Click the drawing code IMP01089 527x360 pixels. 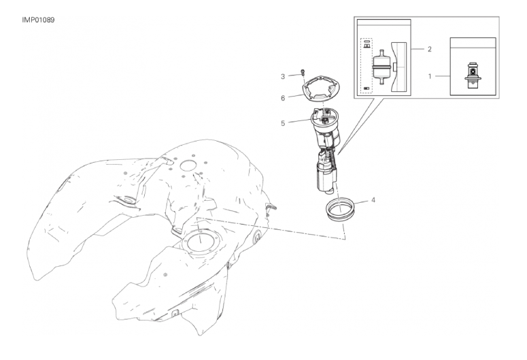(38, 20)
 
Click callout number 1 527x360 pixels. (430, 76)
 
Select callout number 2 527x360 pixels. (430, 49)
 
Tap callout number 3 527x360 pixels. (283, 77)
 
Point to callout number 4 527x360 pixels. (373, 200)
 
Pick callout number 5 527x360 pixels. (283, 123)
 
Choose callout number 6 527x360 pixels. (283, 98)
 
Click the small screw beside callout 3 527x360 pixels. (303, 72)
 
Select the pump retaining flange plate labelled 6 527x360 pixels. (321, 88)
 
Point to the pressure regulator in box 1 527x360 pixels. (472, 75)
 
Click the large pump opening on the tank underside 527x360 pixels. (200, 243)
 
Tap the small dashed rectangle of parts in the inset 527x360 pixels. (367, 65)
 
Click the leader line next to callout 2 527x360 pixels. (418, 49)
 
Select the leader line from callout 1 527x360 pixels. (443, 76)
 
